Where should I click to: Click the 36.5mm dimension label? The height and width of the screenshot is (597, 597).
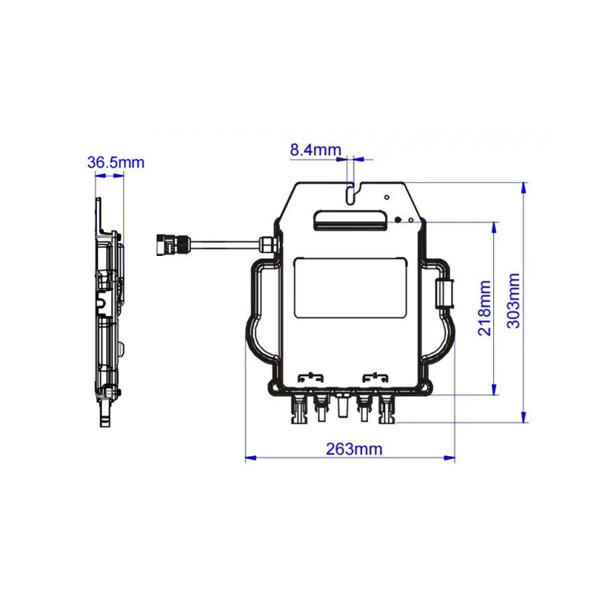pos(116,163)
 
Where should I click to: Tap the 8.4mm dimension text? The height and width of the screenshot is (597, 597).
pos(316,150)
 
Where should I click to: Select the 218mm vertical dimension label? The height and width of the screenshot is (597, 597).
pos(484,308)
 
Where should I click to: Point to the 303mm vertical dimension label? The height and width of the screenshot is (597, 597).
pos(513,301)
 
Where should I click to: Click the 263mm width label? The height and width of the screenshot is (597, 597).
pos(354,449)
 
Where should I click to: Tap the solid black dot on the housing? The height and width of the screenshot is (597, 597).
pos(398,219)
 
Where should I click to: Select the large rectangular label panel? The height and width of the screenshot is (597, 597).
pos(350,288)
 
